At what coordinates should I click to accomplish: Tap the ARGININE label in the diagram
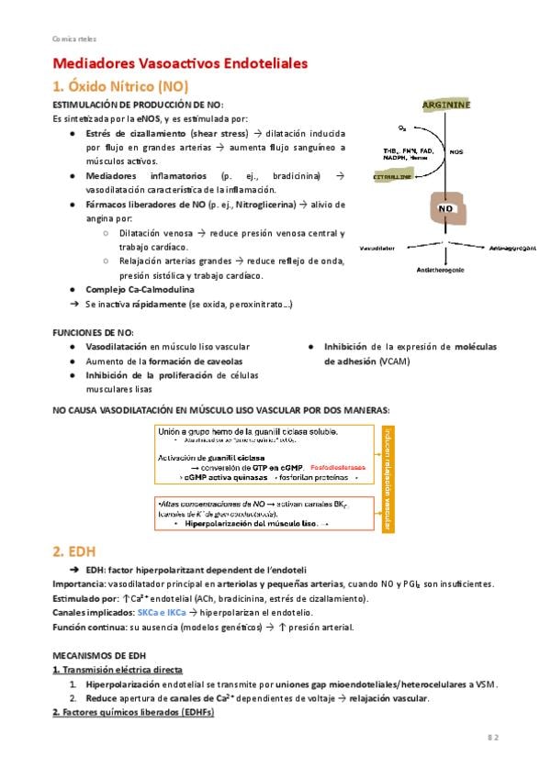[x=446, y=106]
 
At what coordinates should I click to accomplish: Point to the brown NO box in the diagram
[x=447, y=209]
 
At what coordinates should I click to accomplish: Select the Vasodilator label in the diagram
[x=377, y=248]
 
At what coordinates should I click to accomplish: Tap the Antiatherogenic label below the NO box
[x=442, y=269]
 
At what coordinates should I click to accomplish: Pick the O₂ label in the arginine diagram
[x=402, y=128]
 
